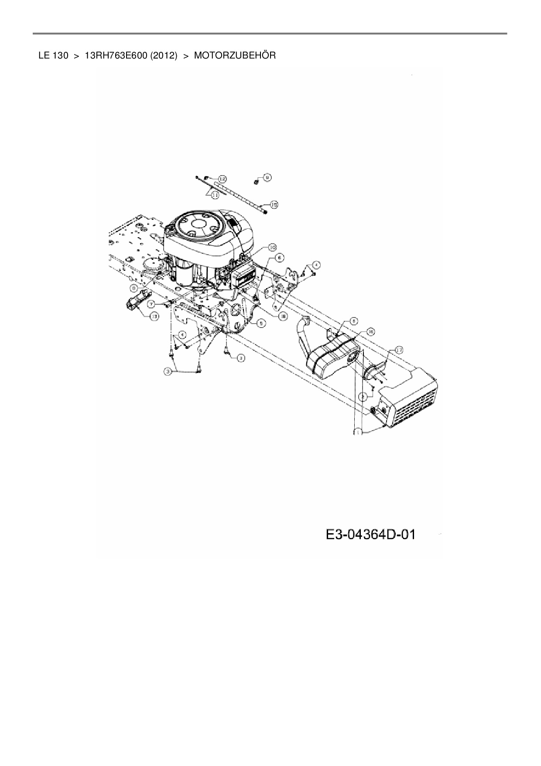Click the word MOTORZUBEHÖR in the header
[x=235, y=56]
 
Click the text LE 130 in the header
[x=53, y=56]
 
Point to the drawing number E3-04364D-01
[x=370, y=534]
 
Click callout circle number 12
[x=223, y=179]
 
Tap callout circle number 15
[x=274, y=204]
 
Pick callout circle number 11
[x=215, y=196]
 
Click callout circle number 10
[x=271, y=248]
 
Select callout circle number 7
[x=151, y=303]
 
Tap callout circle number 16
[x=370, y=331]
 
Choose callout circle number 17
[x=399, y=349]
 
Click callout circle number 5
[x=260, y=323]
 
